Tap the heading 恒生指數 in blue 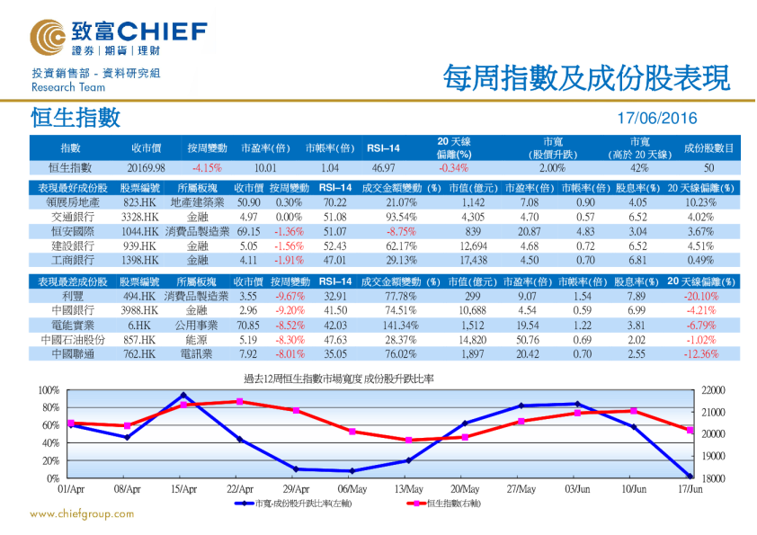coord(76,118)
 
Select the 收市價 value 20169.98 coord(147,167)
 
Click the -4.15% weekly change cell coord(207,167)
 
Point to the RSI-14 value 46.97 coord(383,167)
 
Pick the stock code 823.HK coord(139,203)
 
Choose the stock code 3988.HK coord(139,309)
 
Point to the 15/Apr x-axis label coord(183,488)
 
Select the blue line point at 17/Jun coord(690,476)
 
